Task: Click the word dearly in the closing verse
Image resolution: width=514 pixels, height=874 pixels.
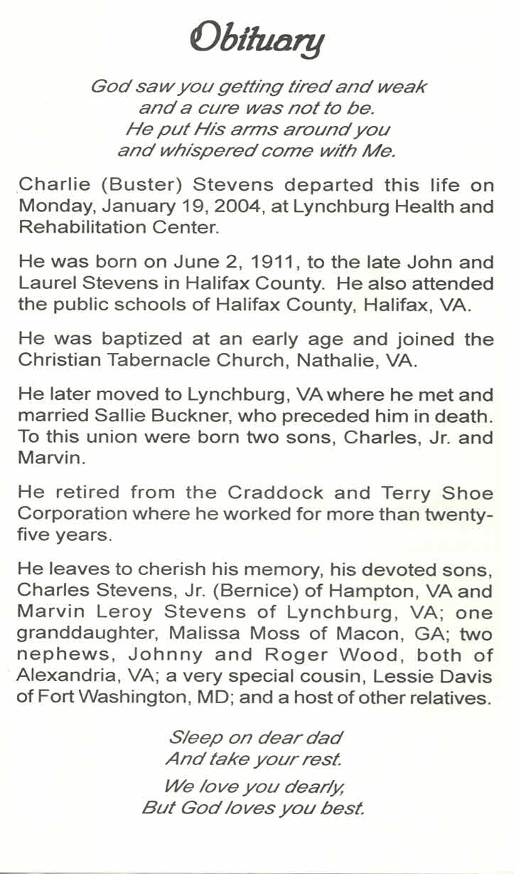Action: [306, 786]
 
